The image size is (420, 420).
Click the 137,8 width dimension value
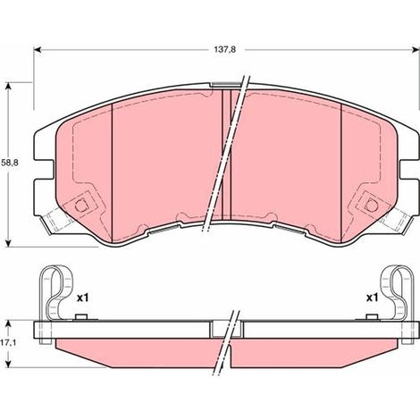pos(225,50)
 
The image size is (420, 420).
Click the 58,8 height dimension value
pos(10,163)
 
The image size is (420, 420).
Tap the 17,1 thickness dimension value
pos(8,342)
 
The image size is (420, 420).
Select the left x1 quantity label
pos(83,298)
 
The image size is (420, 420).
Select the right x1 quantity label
pos(372,298)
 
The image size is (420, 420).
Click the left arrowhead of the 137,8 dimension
pos(37,50)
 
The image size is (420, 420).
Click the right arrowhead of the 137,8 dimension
pos(416,50)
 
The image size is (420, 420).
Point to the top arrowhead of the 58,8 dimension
pos(9,87)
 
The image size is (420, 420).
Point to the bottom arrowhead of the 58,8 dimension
pos(9,243)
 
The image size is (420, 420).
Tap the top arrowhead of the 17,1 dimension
pos(9,324)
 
